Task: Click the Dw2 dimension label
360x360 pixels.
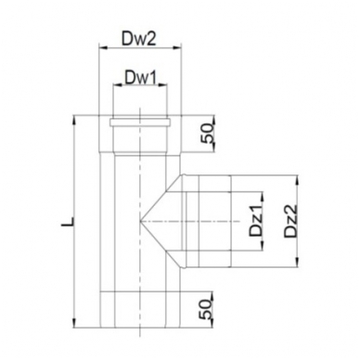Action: pyautogui.click(x=139, y=39)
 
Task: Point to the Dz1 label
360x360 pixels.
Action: pyautogui.click(x=256, y=221)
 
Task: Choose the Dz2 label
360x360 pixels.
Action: pyautogui.click(x=290, y=221)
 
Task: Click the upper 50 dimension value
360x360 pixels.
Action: pyautogui.click(x=207, y=134)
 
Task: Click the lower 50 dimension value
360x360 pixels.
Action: pyautogui.click(x=206, y=310)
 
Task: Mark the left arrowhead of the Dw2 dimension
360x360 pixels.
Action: pyautogui.click(x=102, y=47)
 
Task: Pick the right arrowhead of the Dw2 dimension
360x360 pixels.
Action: pyautogui.click(x=177, y=47)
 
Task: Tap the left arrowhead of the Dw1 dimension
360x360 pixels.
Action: pyautogui.click(x=118, y=84)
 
